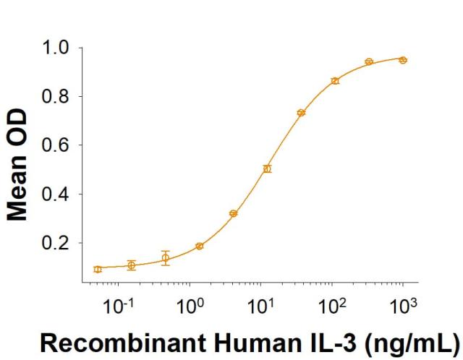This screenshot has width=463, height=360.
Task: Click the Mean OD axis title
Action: pyautogui.click(x=20, y=165)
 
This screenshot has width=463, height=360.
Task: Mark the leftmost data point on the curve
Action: pyautogui.click(x=98, y=269)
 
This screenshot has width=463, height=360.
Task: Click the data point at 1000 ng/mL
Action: pyautogui.click(x=403, y=60)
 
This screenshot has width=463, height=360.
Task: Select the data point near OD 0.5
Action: pyautogui.click(x=267, y=168)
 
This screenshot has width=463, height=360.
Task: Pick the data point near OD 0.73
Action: pyautogui.click(x=301, y=113)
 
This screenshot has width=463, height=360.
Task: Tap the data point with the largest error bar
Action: pyautogui.click(x=166, y=258)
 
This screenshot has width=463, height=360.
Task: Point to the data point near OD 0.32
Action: pyautogui.click(x=233, y=213)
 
